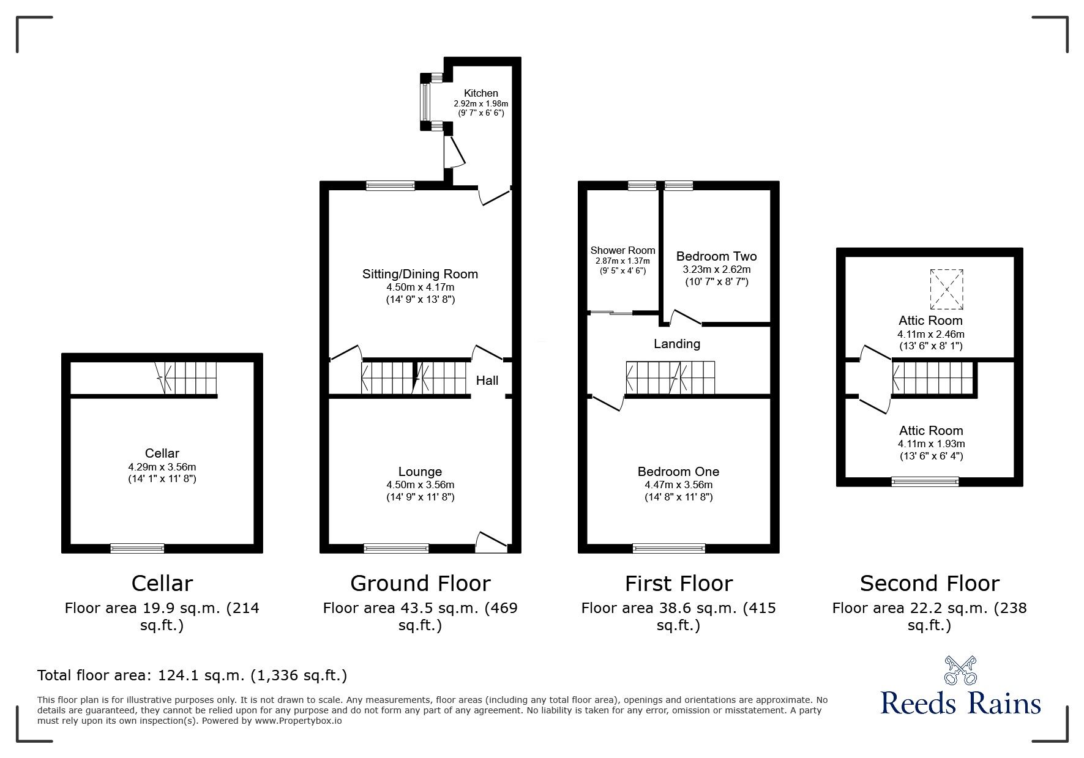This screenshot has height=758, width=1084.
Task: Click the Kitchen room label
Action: [x=480, y=93]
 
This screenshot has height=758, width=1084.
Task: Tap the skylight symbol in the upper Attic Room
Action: [x=946, y=289]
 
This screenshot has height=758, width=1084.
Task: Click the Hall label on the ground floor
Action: [x=487, y=381]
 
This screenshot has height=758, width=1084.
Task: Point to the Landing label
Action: [x=676, y=344]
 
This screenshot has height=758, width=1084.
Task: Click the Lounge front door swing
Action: [x=491, y=541]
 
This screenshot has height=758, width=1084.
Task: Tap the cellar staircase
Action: [x=187, y=378]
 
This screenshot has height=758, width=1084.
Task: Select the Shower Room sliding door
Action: [x=611, y=313]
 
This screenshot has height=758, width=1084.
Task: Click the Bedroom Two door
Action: [x=686, y=318]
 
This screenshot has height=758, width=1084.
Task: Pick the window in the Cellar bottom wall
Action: [x=137, y=548]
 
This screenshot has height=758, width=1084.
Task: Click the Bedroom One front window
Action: [x=668, y=548]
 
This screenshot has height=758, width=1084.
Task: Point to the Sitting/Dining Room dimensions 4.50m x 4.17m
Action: [x=420, y=287]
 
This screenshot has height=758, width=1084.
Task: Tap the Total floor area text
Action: [x=192, y=675]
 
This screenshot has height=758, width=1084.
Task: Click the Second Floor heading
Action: [x=929, y=583]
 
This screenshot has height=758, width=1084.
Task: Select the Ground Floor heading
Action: [x=420, y=583]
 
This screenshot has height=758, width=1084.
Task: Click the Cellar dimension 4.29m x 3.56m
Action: [x=162, y=467]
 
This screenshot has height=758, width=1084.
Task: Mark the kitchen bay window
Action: [x=424, y=101]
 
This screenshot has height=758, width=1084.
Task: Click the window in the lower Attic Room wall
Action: [x=925, y=481]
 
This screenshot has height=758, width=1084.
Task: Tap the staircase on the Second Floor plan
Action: [x=932, y=378]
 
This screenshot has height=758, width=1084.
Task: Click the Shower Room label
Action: [x=622, y=250]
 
